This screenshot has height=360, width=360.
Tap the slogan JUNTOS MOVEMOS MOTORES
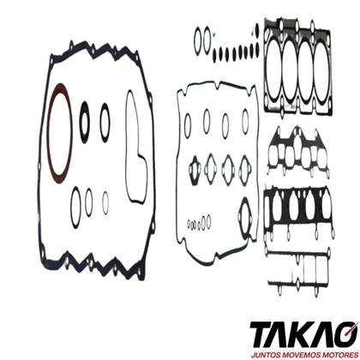[x=304, y=355]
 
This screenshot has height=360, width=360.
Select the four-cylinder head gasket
[x=298, y=68]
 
